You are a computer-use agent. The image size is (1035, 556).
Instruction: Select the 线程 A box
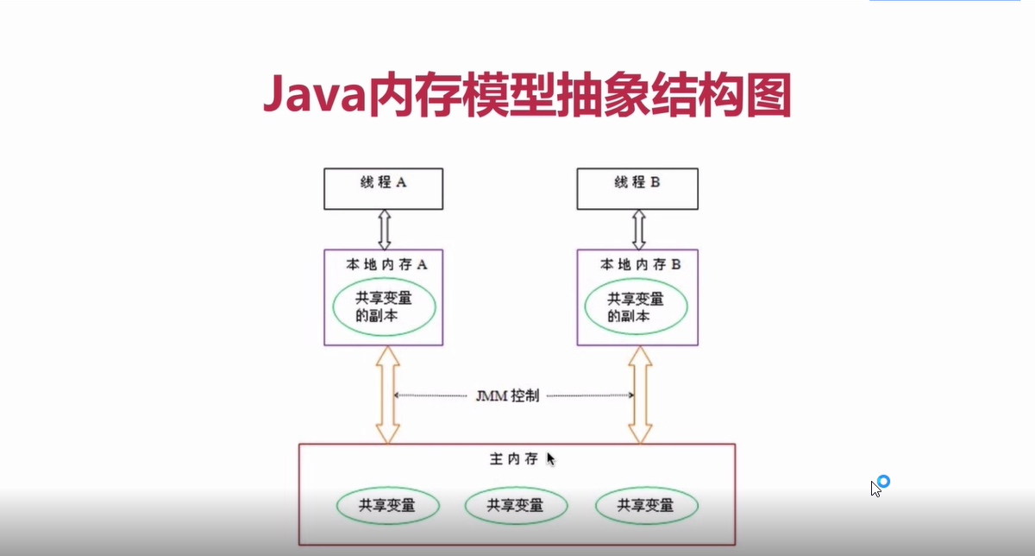point(383,188)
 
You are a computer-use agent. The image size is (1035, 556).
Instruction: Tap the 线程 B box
point(637,188)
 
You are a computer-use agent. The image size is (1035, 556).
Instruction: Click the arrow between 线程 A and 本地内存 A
point(384,230)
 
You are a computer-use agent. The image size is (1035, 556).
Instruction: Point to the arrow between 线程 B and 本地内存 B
point(638,230)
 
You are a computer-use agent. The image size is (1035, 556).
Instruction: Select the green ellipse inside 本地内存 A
point(385,308)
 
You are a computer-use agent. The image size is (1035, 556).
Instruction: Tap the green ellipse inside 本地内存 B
point(637,308)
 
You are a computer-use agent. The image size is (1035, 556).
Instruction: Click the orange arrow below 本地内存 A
point(385,395)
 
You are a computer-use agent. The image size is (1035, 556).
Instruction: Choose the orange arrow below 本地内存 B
point(639,395)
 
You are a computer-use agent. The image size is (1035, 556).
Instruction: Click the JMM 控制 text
point(508,396)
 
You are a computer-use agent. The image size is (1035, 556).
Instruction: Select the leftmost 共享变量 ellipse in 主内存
point(387,505)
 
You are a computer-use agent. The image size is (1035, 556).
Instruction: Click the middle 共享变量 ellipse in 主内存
point(516,505)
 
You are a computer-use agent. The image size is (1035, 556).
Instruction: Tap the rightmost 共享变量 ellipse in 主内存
point(645,505)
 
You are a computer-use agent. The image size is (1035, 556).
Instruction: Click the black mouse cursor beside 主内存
point(550,458)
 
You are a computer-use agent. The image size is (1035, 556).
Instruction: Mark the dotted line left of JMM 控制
point(431,395)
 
